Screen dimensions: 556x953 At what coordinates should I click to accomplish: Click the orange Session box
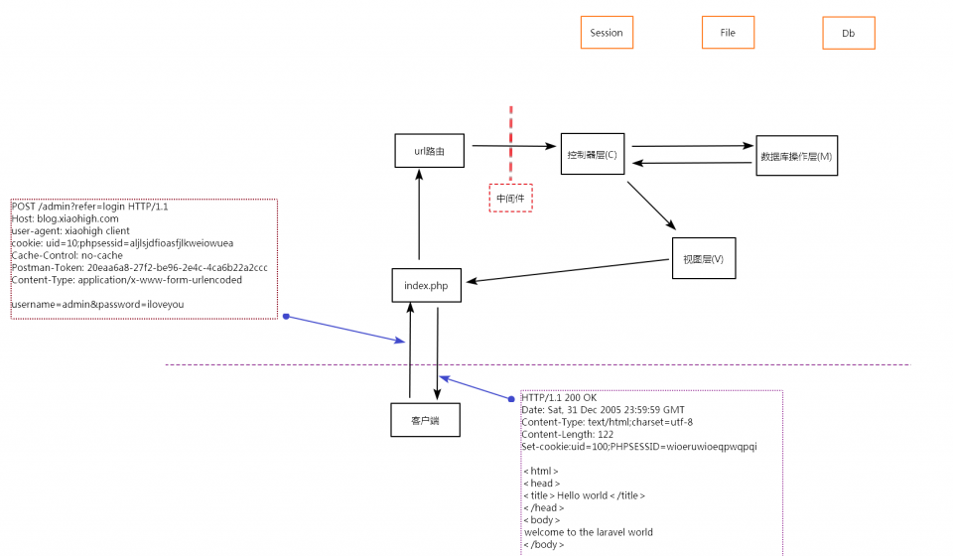(607, 33)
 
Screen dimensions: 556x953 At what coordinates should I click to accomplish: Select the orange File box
(728, 33)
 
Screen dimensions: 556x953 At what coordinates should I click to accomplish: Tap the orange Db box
(849, 33)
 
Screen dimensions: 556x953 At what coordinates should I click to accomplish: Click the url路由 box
(428, 151)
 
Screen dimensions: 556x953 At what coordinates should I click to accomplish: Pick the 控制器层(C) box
(592, 154)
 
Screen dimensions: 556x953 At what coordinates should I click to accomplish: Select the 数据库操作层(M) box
(796, 156)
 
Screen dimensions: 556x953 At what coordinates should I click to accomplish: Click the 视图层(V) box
(704, 259)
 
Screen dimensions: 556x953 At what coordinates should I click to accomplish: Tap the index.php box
(426, 286)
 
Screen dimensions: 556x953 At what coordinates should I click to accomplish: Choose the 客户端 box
(425, 420)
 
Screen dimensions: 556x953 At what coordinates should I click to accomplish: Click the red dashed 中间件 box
(510, 198)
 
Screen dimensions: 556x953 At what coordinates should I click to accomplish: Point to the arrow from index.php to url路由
(420, 213)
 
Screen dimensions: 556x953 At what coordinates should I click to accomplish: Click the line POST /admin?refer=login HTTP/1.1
(89, 207)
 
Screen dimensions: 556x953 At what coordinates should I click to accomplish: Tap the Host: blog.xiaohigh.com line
(65, 218)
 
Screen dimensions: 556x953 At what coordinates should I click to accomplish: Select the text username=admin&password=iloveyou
(97, 304)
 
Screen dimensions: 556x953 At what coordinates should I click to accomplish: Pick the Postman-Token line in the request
(138, 267)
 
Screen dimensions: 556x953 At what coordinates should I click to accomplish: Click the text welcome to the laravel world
(588, 532)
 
